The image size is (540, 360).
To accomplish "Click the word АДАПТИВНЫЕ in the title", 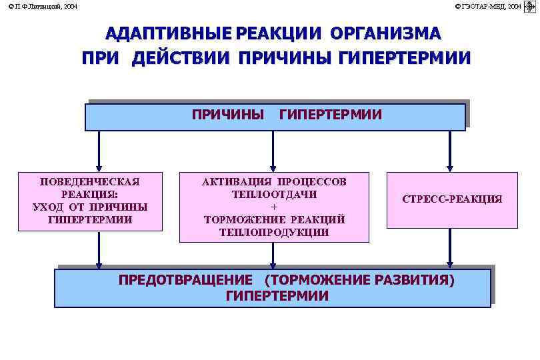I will pos(169,34).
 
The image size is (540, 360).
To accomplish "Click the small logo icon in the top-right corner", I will pos(531,6).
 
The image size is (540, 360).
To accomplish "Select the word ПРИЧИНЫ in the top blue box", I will pos(228,115).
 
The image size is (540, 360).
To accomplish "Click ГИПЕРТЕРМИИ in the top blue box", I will pos(331,115).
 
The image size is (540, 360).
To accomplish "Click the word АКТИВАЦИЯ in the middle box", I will pos(237,182).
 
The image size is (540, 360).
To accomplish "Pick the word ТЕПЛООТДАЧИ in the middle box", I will pos(274,195).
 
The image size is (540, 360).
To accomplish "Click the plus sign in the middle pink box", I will pos(274,207).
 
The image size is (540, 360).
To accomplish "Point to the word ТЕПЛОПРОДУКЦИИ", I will pos(274,232).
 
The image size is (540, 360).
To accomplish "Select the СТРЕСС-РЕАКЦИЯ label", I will pos(452,199).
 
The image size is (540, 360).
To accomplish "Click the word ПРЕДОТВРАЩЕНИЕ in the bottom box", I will pos(185,280).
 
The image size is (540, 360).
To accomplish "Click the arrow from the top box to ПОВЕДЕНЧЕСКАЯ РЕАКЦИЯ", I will pos(99,151).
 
